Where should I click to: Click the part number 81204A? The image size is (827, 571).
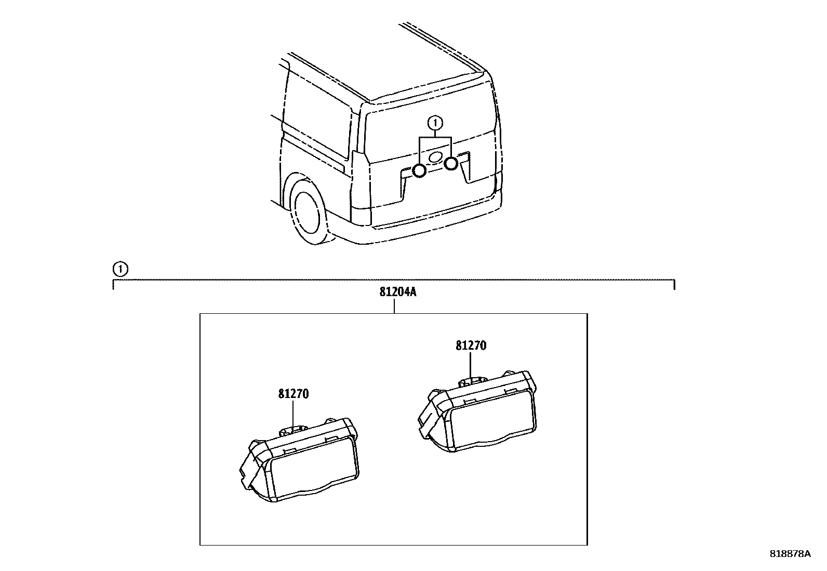coord(398,292)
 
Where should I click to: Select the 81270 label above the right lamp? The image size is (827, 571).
coord(471,346)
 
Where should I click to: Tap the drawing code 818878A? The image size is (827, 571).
coord(790,554)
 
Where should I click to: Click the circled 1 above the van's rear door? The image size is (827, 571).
coord(435,123)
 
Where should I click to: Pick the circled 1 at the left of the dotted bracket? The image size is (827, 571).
coord(120,269)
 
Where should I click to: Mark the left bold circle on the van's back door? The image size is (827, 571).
coord(419,170)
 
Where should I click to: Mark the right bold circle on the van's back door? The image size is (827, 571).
coord(451,164)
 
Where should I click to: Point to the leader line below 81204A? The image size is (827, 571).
coord(394,306)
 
